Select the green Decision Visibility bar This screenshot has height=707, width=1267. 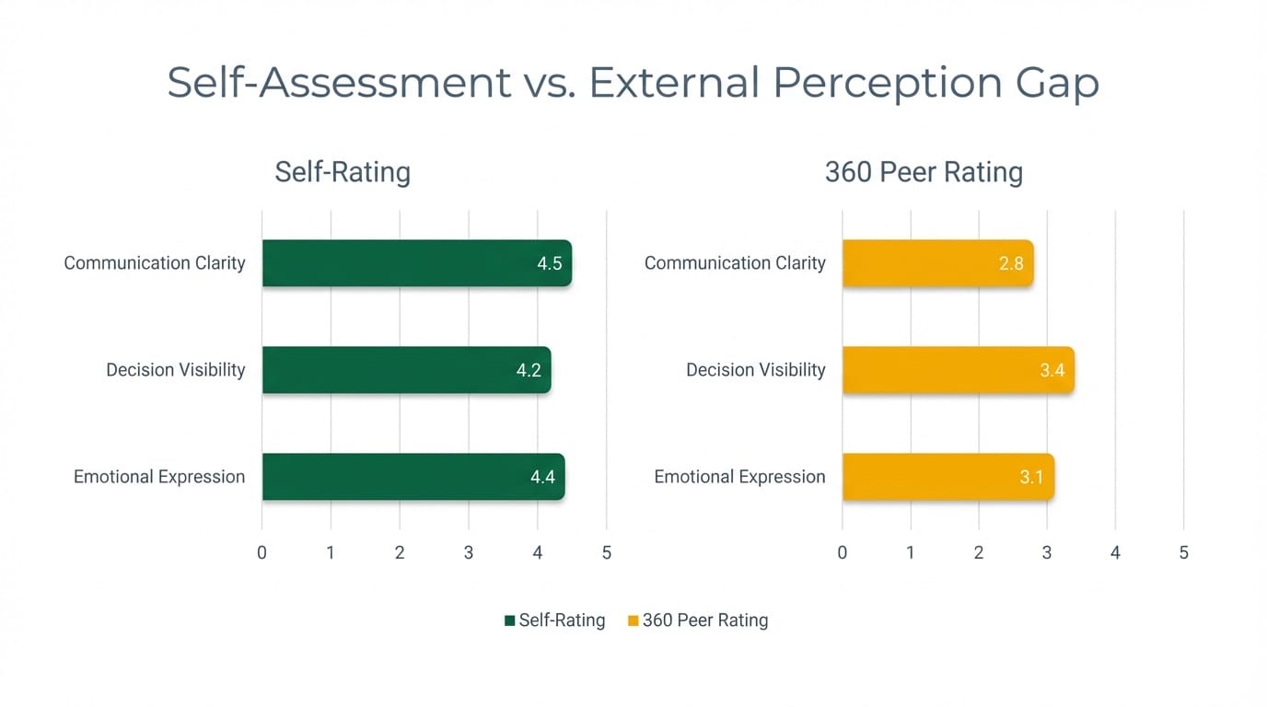click(405, 370)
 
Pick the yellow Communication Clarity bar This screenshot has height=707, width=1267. click(936, 263)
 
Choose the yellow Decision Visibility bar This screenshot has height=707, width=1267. click(958, 370)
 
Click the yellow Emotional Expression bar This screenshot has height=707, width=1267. click(947, 477)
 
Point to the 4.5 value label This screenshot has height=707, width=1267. click(550, 264)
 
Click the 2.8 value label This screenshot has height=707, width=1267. click(1011, 264)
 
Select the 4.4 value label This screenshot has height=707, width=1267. click(543, 478)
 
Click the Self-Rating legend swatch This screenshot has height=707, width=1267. click(510, 621)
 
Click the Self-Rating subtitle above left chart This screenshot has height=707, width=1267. click(343, 172)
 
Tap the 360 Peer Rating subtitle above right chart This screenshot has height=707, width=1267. click(924, 172)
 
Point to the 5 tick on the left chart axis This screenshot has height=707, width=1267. click(606, 553)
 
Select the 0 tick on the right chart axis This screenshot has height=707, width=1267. click(843, 553)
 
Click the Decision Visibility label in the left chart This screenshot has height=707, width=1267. click(175, 370)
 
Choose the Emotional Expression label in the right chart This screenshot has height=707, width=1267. click(739, 477)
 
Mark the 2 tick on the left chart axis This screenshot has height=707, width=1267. click(400, 553)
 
